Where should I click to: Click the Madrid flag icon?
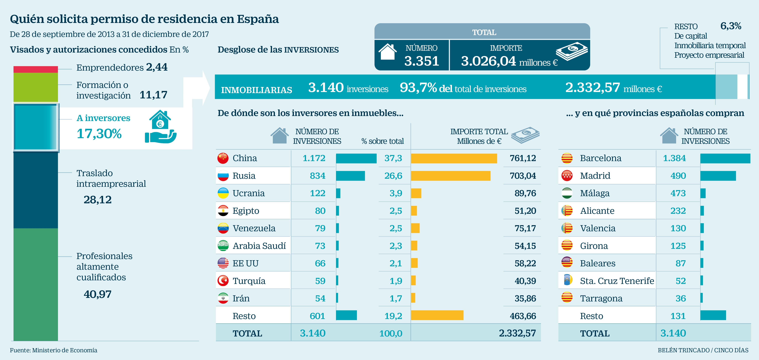pyautogui.click(x=567, y=176)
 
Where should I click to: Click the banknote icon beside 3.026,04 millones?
pyautogui.click(x=572, y=51)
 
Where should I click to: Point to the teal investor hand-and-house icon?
pyautogui.click(x=161, y=127)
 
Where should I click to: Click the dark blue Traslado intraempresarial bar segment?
pyautogui.click(x=36, y=190)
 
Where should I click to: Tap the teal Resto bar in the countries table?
pyautogui.click(x=346, y=315)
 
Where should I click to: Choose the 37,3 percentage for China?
pyautogui.click(x=393, y=158)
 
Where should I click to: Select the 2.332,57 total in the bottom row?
pyautogui.click(x=517, y=333)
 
